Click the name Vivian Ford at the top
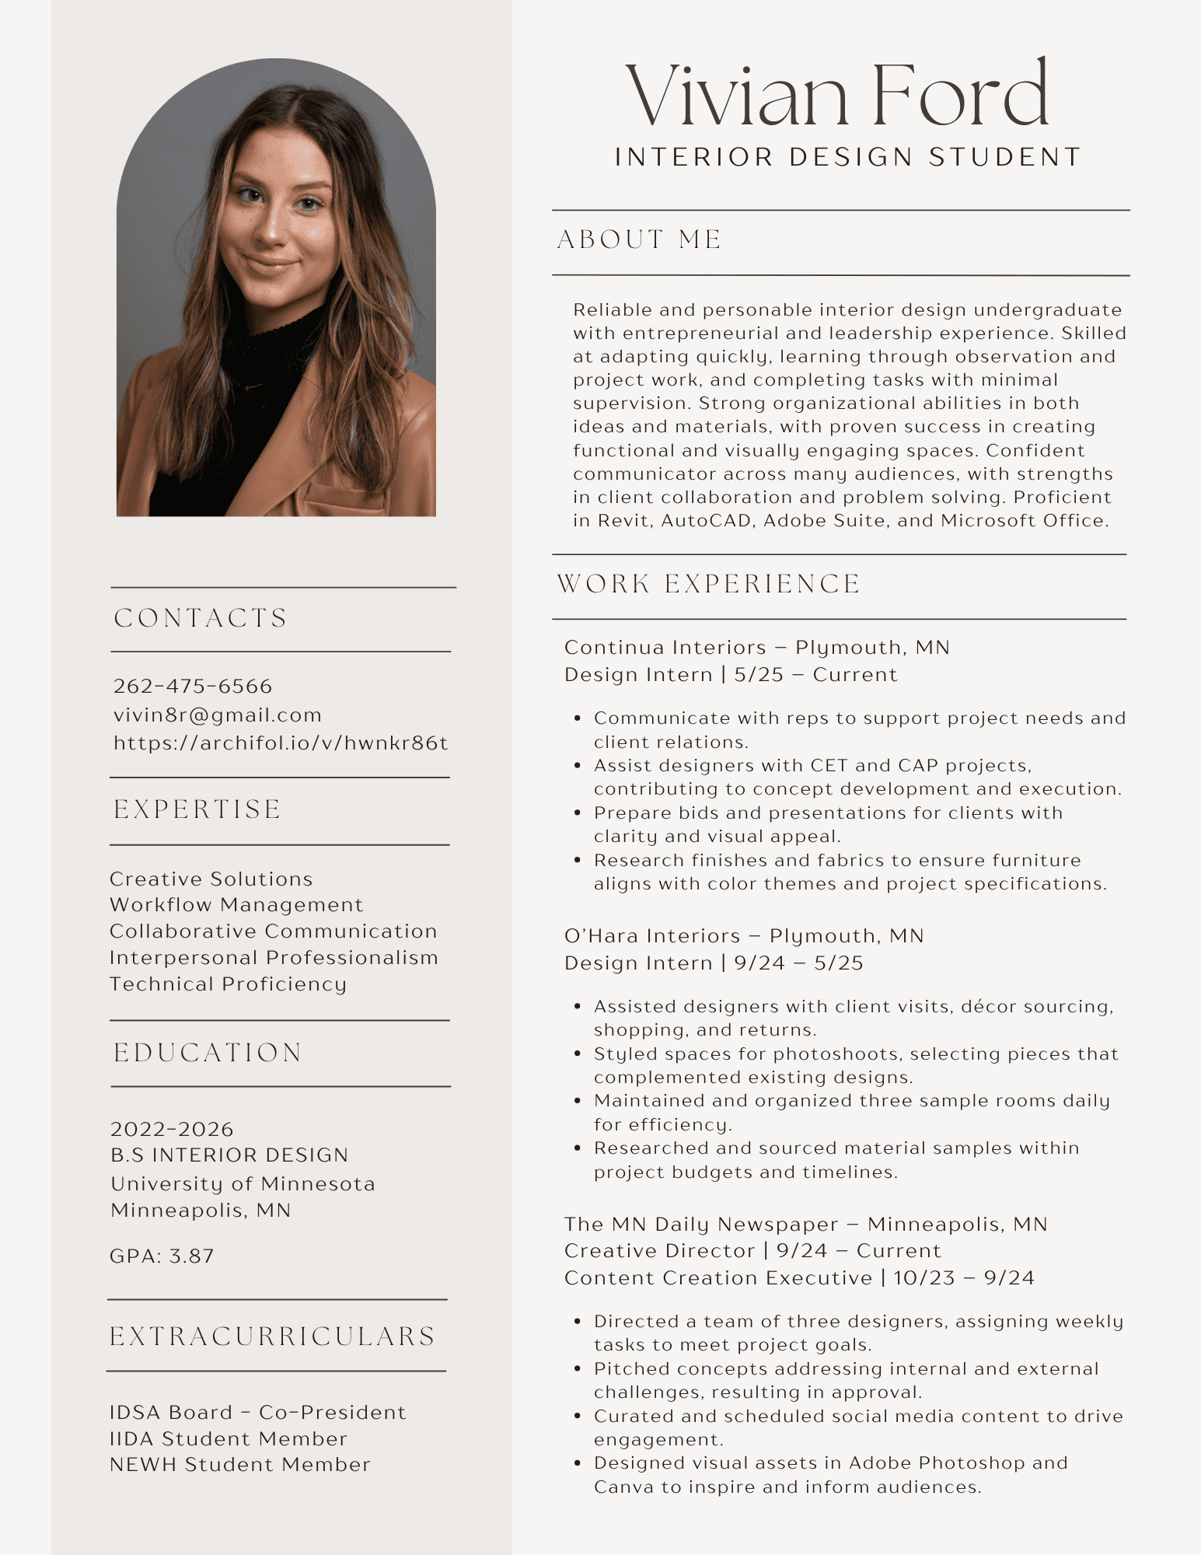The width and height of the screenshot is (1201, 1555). pos(837,95)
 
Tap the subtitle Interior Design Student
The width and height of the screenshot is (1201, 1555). pos(848,157)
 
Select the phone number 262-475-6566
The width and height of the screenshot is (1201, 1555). pos(193,686)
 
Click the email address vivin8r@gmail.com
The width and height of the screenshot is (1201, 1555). pos(218,715)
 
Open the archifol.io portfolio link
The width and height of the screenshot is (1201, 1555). pos(281,743)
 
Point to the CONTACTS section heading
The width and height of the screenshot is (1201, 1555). pos(201,618)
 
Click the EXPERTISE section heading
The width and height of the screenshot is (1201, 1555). pos(197,809)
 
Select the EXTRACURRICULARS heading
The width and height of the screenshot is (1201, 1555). pos(272,1336)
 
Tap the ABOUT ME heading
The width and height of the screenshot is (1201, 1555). pos(640,239)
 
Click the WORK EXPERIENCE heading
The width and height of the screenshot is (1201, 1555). pos(709,584)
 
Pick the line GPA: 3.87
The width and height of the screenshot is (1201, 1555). pos(162,1256)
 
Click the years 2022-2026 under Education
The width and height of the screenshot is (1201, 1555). pos(172,1129)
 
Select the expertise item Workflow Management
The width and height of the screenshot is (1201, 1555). pos(236,905)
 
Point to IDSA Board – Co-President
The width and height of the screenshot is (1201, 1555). pos(257,1412)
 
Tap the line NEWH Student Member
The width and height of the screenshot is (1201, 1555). pos(239,1464)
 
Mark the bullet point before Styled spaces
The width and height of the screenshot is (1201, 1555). pos(578,1054)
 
